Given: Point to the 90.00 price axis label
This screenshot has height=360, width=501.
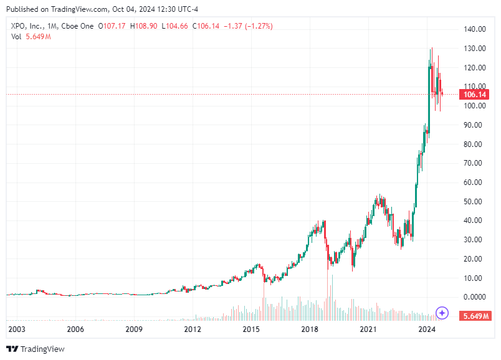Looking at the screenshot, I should coord(474,125).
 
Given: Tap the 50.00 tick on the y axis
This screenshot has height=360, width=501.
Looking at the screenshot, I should coord(474,201).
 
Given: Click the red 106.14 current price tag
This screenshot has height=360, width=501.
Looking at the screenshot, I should coord(474,95).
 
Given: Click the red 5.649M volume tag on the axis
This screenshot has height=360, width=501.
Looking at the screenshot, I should coord(474,316).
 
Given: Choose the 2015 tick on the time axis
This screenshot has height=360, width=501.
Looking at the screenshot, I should coord(251,329).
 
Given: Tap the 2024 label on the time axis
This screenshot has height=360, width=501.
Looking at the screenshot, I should coord(426,329).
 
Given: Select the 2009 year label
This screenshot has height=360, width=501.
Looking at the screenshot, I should coord(134,329).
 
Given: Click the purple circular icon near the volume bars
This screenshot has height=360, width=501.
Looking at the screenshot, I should coord(442,313).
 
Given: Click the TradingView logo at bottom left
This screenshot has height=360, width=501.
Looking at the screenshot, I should coord(36,349).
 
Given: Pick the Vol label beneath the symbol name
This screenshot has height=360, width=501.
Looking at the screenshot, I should coord(17,37).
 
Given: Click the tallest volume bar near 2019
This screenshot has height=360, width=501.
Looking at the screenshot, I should coord(332,295).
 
